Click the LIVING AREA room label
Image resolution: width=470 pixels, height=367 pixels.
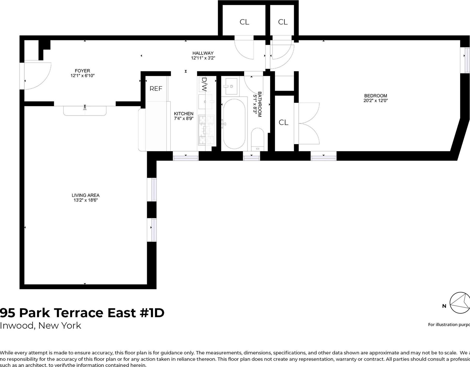[x=85, y=195]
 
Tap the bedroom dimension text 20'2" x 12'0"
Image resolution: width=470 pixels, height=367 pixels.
[x=375, y=101]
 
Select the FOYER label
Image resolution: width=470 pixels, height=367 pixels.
[x=82, y=71]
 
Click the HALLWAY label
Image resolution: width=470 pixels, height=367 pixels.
[x=203, y=53]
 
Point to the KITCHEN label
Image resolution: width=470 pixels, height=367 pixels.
[x=183, y=114]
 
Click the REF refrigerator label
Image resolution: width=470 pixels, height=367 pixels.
[x=156, y=89]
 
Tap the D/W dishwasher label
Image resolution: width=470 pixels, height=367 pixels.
[x=204, y=84]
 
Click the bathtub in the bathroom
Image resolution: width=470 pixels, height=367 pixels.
[x=234, y=124]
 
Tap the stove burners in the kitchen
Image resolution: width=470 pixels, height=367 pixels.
[x=206, y=130]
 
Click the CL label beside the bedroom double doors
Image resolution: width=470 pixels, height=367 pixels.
[x=283, y=122]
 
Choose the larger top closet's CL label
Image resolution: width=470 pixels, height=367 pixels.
[x=244, y=22]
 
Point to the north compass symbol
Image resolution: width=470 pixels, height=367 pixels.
[x=460, y=302]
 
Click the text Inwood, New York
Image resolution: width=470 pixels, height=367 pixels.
[x=40, y=325]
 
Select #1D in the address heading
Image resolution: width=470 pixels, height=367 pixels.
[x=152, y=313]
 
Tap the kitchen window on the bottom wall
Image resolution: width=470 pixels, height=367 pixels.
[x=185, y=156]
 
